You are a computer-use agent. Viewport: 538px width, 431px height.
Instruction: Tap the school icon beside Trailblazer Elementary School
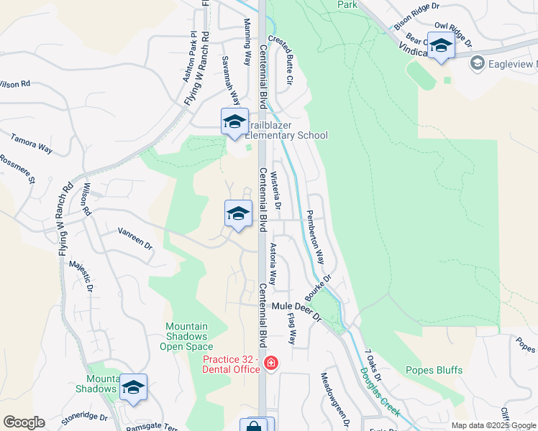point(234,121)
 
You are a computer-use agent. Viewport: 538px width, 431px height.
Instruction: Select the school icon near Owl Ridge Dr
point(441,45)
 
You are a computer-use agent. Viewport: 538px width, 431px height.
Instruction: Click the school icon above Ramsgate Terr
point(133,387)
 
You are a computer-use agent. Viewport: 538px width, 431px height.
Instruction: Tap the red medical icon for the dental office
point(270,363)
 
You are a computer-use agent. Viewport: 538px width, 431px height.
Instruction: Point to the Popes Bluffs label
point(439,370)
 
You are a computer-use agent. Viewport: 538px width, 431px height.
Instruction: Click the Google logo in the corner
point(24,422)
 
